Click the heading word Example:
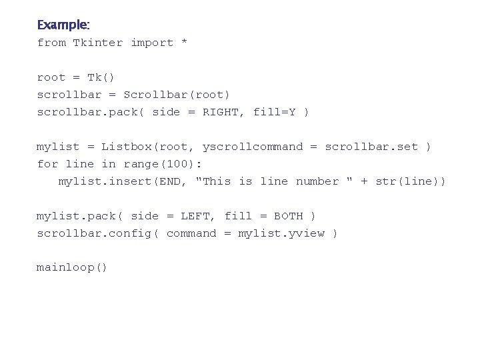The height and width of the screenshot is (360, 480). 63,25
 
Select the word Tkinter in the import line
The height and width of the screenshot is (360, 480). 98,43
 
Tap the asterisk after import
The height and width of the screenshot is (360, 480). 185,43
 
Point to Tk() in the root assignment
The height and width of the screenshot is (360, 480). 101,77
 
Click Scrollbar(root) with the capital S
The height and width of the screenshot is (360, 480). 177,95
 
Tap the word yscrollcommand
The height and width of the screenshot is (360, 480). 253,147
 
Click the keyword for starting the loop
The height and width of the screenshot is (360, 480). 48,164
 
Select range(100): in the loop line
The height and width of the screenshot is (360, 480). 163,164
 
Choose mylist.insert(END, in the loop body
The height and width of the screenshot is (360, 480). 123,181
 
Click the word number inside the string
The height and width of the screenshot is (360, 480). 317,181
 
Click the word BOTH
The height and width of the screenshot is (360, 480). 289,216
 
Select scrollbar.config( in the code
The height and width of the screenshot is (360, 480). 98,233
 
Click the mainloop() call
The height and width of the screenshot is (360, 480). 72,268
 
